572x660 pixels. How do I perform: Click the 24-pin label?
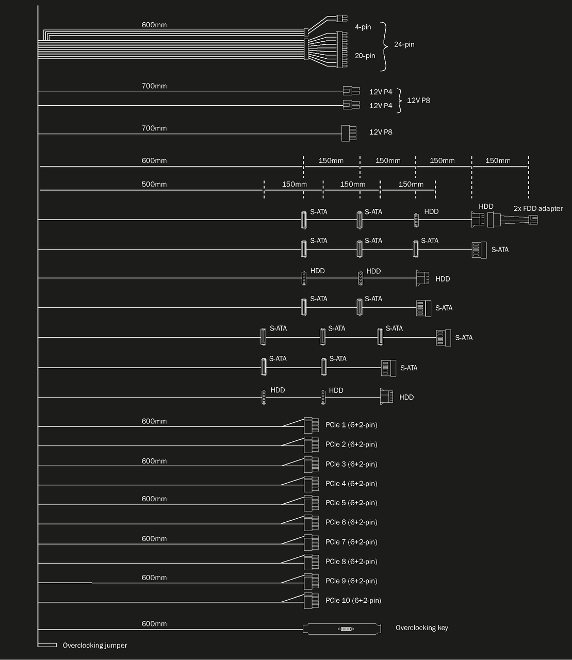404,44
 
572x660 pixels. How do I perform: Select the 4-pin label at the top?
363,27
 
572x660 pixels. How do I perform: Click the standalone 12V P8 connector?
349,133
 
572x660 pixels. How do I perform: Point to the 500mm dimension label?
154,184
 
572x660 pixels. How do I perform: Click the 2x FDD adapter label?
537,209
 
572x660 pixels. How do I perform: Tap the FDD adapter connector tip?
533,220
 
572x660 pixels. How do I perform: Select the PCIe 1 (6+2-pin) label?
351,425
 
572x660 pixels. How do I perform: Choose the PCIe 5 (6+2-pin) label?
351,503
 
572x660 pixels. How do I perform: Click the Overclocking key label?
421,628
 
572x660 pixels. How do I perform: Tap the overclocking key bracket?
342,629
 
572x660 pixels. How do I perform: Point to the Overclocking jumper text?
94,645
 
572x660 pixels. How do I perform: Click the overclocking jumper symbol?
47,645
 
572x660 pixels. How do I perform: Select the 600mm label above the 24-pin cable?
154,25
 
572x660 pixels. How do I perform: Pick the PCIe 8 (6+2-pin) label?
351,562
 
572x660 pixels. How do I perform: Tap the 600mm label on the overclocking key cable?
154,623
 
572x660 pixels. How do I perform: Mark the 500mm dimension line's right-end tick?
435,190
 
